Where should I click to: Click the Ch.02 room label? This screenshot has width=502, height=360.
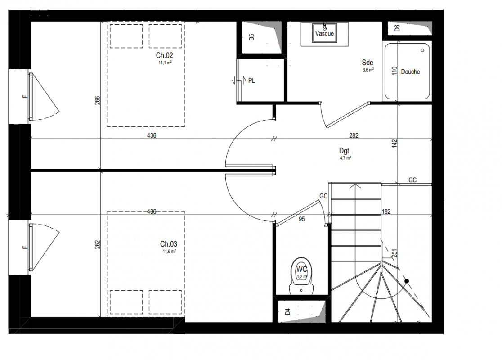tap(164, 55)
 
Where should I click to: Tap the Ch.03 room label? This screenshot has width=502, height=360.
tap(168, 244)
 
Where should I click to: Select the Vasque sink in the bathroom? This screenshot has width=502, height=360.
tap(324, 33)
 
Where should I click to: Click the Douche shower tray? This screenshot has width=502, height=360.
tap(407, 72)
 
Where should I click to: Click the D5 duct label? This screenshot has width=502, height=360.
tap(251, 37)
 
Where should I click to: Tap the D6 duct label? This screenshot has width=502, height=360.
tap(397, 28)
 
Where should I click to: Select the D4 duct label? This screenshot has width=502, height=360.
tap(287, 311)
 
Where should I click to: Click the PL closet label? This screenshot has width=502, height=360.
tap(251, 81)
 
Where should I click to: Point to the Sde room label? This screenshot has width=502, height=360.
tap(368, 63)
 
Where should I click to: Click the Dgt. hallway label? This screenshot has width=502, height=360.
tap(345, 151)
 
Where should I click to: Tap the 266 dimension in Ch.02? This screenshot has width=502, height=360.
tap(97, 100)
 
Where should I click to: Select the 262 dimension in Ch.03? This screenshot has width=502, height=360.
tap(97, 245)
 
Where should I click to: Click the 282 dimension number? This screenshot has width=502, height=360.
tap(354, 135)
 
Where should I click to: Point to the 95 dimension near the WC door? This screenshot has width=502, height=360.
tap(301, 220)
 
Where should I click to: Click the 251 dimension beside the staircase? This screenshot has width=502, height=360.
tap(394, 253)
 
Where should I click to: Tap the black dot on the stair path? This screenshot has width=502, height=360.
tap(407, 281)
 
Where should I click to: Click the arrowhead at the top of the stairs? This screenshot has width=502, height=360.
tap(355, 186)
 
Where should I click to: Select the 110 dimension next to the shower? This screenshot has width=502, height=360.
tap(394, 71)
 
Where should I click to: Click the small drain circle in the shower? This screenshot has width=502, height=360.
tap(422, 50)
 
